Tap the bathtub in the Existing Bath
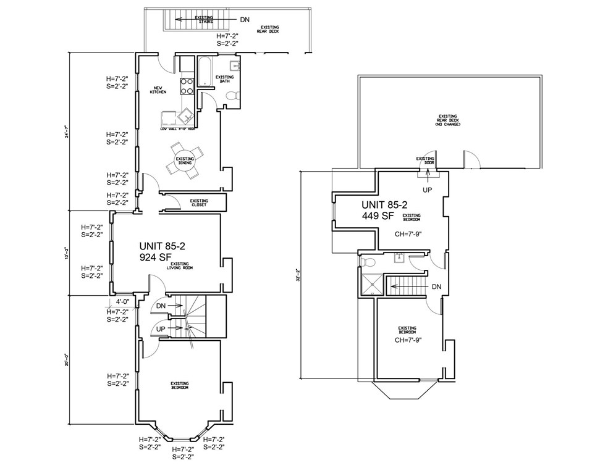(205, 70)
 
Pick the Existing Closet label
(198, 203)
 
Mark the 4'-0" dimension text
(116, 302)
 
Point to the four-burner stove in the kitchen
(187, 86)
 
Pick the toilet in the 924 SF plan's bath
(232, 96)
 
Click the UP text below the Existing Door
(427, 190)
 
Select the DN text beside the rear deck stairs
(245, 20)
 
